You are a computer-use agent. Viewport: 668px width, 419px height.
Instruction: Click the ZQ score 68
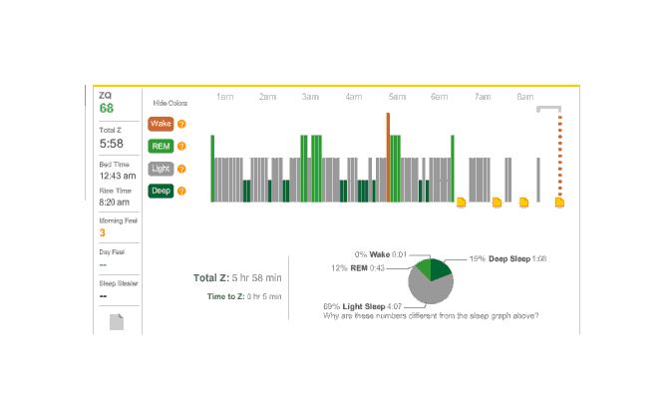tap(106, 108)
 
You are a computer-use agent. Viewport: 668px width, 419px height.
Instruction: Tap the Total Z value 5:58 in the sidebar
tap(111, 144)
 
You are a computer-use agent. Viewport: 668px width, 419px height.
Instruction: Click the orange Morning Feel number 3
tap(102, 232)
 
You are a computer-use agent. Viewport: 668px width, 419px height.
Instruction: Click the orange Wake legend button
tap(161, 124)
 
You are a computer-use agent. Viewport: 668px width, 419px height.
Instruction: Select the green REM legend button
tap(161, 147)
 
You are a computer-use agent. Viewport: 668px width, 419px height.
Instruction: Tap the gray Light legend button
tap(161, 169)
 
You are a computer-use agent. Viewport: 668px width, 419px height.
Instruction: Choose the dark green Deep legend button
tap(161, 191)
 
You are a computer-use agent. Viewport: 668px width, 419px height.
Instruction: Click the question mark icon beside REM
tap(181, 147)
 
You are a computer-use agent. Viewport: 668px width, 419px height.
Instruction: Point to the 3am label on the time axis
tap(311, 98)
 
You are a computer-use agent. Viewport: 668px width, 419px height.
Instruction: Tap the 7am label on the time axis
tap(483, 98)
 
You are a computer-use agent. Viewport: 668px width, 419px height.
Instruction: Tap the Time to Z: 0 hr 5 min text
tap(244, 296)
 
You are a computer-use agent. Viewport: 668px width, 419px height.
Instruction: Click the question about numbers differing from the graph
tap(432, 316)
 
